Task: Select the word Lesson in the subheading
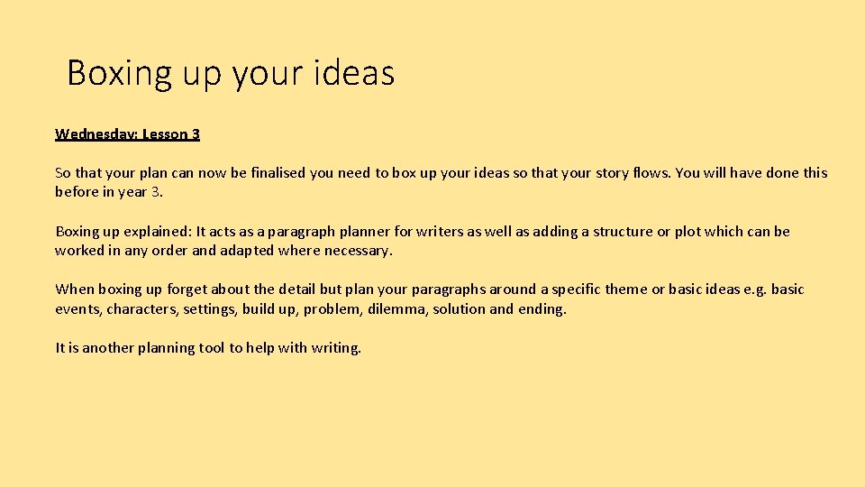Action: (x=164, y=134)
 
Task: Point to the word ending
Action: (x=542, y=309)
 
